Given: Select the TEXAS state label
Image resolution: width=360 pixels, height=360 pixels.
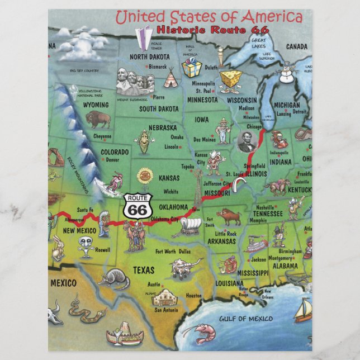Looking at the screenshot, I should tap(143, 271).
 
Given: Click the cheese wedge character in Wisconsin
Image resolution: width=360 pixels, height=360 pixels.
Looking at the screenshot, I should tap(230, 80).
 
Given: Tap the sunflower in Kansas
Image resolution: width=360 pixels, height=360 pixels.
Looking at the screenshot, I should tap(145, 175).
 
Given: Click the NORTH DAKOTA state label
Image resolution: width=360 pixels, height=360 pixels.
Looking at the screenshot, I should tap(150, 56).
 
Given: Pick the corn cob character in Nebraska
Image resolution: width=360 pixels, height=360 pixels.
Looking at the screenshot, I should tap(143, 143).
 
